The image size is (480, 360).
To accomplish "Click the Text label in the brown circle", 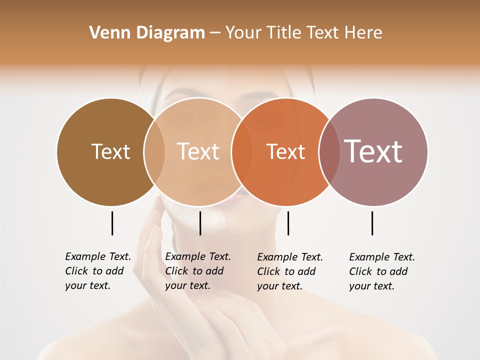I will pos(110,151).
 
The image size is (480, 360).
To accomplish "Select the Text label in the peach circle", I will pos(198,151).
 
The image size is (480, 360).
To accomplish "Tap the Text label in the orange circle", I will pos(285,152).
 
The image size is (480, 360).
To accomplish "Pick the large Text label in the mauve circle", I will pos(373,151).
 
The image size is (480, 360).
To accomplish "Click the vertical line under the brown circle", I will pos(112,223).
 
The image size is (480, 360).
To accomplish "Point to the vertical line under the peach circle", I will pos(200,223).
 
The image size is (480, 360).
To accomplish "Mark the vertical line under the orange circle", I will pos(288,223).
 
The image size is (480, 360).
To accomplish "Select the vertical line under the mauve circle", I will pos(372,223).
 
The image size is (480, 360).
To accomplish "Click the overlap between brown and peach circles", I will pos(154,151).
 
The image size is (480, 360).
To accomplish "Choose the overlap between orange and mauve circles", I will pos(329,151).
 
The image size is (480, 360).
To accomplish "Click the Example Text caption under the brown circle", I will pos(98,271).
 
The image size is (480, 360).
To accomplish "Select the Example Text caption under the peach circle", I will pos(198,271).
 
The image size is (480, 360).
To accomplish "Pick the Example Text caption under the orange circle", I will pos(290,271).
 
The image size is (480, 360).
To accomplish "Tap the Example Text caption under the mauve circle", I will pos(382,271).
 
